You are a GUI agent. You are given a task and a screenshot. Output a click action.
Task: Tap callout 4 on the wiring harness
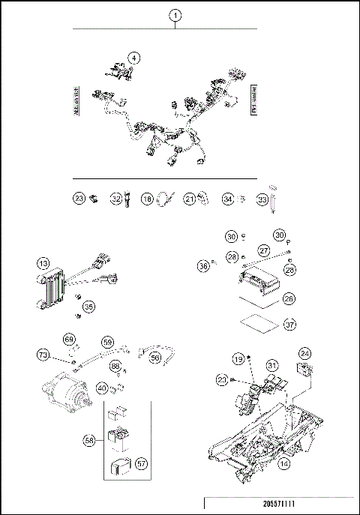tap(133, 58)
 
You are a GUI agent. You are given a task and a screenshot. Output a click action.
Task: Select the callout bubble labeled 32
tap(116, 199)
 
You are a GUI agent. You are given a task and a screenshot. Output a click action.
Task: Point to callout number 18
tap(148, 199)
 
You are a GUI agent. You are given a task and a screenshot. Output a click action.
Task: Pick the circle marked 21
tap(190, 199)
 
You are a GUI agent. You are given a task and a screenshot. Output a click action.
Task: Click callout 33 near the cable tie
tap(262, 199)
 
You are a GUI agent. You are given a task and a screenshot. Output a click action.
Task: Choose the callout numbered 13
tap(44, 263)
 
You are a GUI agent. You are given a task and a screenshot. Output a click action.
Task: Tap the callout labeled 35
tap(89, 306)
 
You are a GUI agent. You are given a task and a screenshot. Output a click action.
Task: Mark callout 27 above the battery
tap(263, 250)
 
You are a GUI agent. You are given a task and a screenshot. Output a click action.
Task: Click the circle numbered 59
tap(108, 343)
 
